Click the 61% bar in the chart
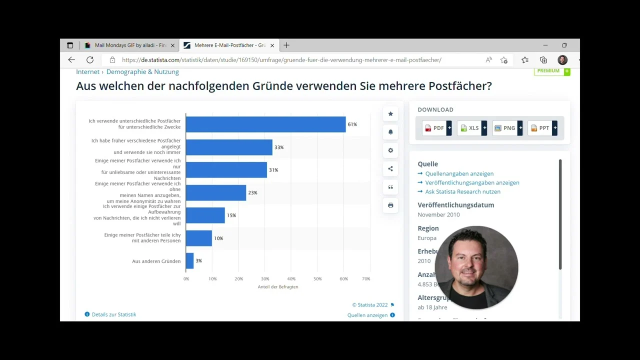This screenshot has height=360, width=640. click(265, 124)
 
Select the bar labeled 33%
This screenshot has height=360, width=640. click(229, 147)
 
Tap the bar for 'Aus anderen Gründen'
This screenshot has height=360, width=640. click(189, 261)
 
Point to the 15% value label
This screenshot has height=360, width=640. click(231, 215)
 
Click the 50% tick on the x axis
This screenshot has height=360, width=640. click(317, 279)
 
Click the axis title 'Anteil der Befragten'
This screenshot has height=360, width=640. click(278, 287)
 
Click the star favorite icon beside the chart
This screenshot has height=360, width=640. click(390, 114)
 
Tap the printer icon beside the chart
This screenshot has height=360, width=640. click(390, 205)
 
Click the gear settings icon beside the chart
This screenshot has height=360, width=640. click(390, 150)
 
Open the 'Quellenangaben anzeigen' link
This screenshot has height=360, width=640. click(459, 173)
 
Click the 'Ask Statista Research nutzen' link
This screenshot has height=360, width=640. click(462, 191)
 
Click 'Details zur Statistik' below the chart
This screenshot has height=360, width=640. click(113, 314)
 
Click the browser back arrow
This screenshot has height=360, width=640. click(71, 60)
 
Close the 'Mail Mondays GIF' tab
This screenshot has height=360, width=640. click(172, 45)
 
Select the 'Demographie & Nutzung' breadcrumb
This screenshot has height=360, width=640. click(142, 72)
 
